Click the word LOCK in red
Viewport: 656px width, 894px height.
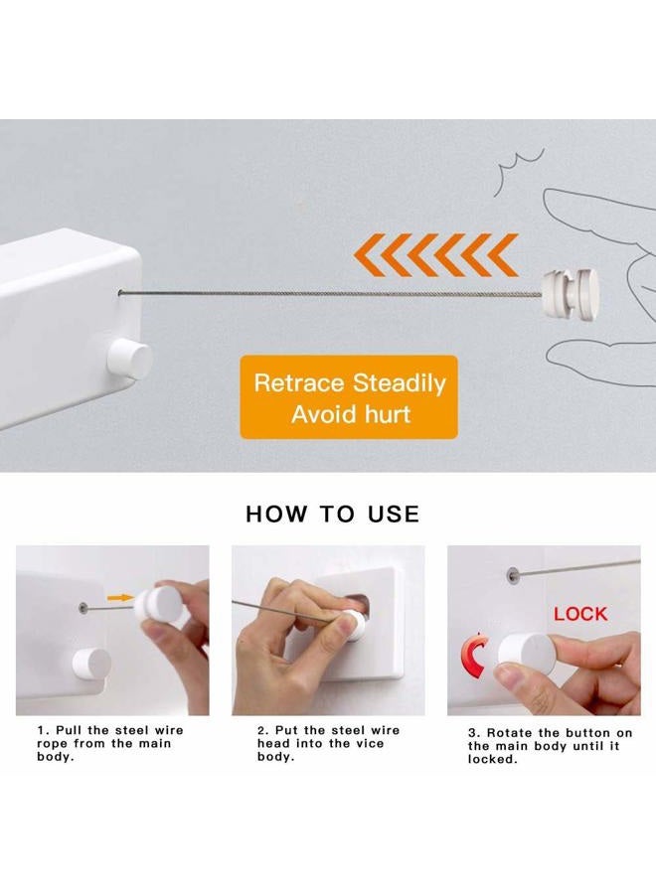coord(580,614)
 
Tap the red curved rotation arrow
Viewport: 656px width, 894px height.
coord(473,656)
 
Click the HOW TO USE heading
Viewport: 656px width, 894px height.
coord(333,514)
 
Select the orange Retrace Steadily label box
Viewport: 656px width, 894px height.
coord(349,397)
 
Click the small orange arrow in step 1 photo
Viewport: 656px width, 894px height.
coord(120,598)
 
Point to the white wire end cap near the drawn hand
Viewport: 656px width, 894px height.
coord(571,294)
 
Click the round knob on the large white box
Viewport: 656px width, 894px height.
coord(130,360)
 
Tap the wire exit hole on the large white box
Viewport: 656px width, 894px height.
coord(121,294)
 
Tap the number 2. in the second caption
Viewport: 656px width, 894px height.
coord(263,730)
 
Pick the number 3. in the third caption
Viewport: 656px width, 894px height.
coord(474,733)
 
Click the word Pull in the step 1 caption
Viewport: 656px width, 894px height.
coord(69,730)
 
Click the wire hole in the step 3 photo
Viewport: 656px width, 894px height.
coord(514,576)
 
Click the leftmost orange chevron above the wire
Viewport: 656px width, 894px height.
coord(368,255)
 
